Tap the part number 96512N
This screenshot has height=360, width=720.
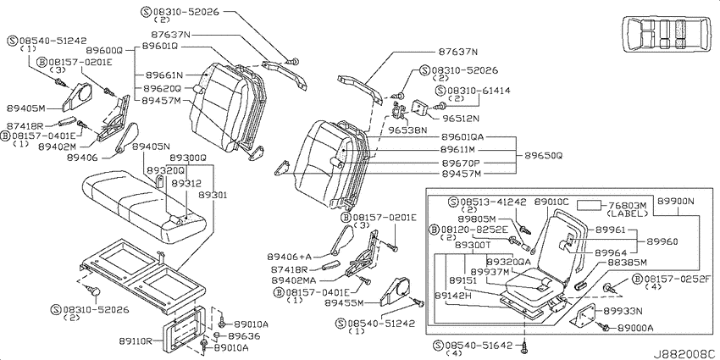click(461, 118)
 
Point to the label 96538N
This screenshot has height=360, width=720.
click(408, 130)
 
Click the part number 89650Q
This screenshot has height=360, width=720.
click(543, 156)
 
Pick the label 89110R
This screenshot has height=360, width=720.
click(137, 341)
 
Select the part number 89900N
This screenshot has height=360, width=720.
click(675, 201)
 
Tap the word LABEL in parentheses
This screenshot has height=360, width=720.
click(627, 214)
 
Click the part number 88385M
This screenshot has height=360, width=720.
click(627, 263)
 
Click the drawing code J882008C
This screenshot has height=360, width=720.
click(685, 354)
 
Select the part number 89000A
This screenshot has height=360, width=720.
click(635, 328)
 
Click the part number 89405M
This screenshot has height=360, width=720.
click(26, 108)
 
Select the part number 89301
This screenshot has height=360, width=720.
click(213, 195)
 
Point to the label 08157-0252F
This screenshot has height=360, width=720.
click(677, 279)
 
